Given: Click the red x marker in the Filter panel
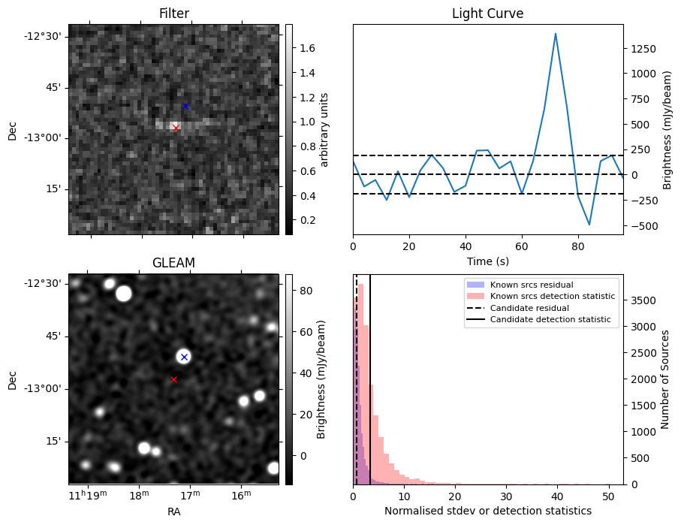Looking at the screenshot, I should (x=176, y=128).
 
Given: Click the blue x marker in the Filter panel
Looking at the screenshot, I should (x=185, y=106).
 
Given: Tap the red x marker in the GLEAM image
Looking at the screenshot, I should (x=173, y=379).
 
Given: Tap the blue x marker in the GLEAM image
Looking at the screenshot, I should (x=184, y=357).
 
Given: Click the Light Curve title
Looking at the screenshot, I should (x=487, y=14).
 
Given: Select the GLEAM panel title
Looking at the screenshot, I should (x=173, y=262).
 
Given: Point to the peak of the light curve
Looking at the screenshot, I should (x=556, y=34).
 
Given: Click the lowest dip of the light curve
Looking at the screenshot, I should (x=589, y=225).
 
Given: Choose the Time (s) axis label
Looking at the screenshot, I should (x=487, y=261).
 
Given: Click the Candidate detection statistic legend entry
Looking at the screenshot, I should (x=552, y=320).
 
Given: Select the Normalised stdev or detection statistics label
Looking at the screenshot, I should (x=487, y=511).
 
